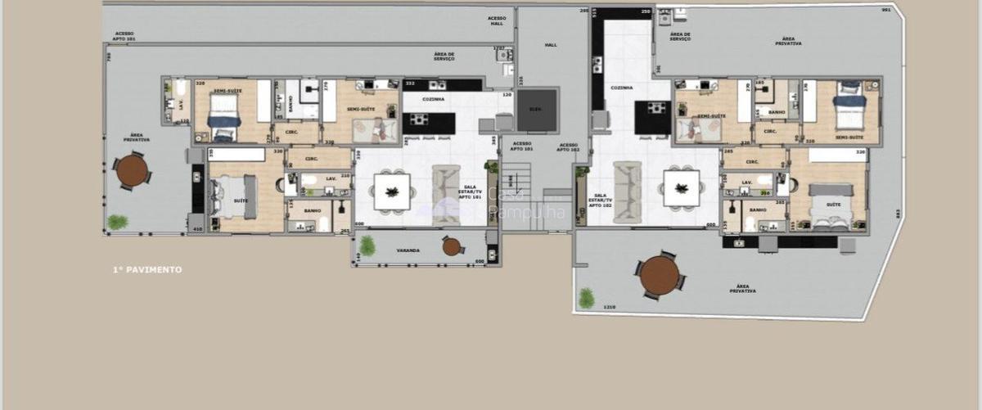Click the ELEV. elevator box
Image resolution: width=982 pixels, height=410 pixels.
tap(537, 110)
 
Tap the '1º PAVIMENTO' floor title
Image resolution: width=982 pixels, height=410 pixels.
tap(148, 269)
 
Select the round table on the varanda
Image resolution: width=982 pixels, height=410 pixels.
tap(452, 246)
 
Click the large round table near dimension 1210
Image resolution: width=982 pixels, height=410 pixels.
tap(660, 276)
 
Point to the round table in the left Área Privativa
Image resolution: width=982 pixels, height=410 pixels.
tap(131, 171)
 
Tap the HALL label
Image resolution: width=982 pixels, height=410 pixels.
tap(551, 45)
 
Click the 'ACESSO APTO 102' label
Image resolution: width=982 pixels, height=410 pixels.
tap(569, 147)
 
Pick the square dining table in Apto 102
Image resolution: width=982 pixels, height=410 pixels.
tap(681, 187)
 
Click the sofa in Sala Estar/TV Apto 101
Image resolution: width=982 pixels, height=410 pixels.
tap(446, 194)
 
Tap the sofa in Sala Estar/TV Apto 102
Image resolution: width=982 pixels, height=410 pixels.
tap(628, 191)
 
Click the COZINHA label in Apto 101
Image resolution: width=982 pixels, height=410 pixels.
tap(434, 99)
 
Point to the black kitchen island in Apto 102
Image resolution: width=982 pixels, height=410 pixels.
tap(653, 117)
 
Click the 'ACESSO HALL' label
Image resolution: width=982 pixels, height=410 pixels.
tap(497, 20)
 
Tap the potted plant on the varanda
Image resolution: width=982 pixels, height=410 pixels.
tap(367, 245)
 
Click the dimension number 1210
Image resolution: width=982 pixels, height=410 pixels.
tap(608, 307)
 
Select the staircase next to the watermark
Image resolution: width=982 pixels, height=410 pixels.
tap(516, 196)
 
